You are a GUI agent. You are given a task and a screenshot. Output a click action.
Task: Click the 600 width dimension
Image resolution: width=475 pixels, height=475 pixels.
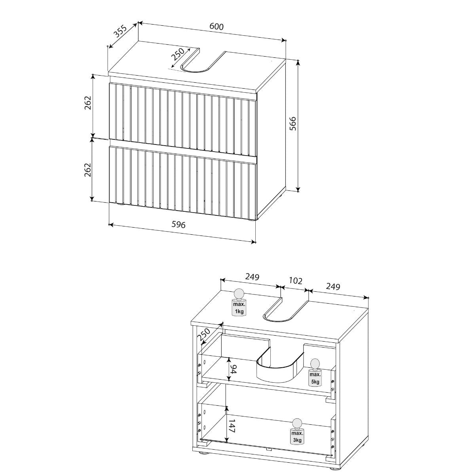[217, 27]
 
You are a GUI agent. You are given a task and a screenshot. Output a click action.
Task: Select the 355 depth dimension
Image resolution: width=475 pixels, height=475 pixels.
[120, 31]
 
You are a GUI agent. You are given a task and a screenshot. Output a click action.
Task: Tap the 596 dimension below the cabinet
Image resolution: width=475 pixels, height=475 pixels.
[179, 224]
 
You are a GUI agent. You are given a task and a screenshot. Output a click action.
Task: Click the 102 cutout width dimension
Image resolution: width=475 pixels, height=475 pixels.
[295, 281]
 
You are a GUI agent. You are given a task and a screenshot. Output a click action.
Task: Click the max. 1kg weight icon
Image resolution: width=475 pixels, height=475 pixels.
[239, 303]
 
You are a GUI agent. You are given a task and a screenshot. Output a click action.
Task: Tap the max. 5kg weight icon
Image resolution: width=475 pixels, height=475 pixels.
[315, 372]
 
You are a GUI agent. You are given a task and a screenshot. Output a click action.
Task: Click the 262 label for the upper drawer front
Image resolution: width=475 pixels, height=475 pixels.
[88, 103]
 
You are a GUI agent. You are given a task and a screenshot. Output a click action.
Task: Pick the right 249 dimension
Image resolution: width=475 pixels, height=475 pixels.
[333, 286]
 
